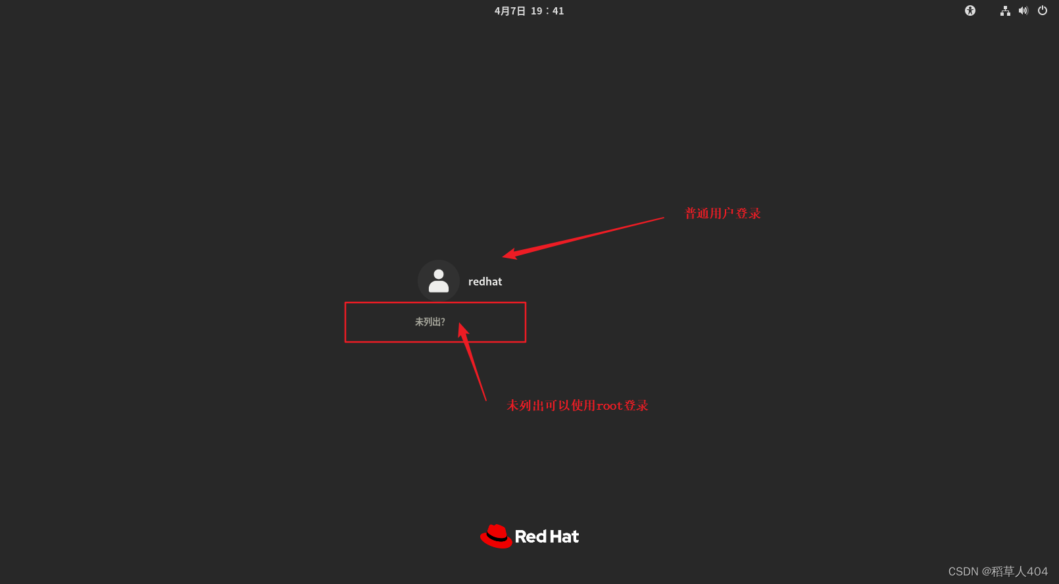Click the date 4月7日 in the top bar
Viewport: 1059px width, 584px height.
[510, 11]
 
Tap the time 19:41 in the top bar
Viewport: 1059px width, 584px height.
[547, 11]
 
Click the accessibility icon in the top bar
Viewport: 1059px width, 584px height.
[970, 11]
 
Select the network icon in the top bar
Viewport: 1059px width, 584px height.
[1005, 11]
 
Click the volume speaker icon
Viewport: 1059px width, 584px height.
[1023, 11]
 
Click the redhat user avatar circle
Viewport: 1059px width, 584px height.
[438, 281]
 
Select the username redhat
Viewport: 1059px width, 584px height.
[485, 281]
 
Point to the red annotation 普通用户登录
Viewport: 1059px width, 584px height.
[722, 213]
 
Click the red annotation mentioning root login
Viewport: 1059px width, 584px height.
[577, 405]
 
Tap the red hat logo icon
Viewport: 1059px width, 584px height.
[496, 537]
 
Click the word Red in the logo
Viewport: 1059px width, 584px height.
[531, 537]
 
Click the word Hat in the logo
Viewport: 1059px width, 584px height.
[565, 537]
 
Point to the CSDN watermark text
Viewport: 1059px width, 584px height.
[997, 572]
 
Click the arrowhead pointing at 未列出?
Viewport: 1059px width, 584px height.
[462, 329]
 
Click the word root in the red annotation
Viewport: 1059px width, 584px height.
[609, 406]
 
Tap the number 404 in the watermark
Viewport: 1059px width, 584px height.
[1037, 572]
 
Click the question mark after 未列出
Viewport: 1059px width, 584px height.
[443, 322]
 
